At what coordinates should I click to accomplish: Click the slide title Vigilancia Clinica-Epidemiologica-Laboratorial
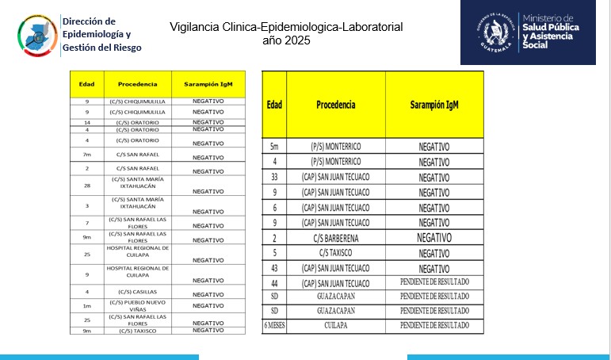pos(285,27)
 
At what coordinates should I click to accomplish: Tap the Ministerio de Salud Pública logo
pos(527,33)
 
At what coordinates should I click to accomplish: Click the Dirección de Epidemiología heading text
pos(101,33)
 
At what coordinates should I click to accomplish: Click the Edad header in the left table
pos(86,83)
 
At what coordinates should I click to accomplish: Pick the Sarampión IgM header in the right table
pos(434,105)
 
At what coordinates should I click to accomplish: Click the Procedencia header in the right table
pos(336,105)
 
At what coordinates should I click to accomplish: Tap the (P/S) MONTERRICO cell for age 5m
pos(336,147)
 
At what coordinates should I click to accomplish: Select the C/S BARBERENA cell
pos(336,237)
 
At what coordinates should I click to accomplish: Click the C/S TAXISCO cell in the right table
pos(336,253)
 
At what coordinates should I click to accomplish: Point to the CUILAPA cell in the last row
pos(336,325)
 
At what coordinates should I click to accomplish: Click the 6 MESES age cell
pos(274,325)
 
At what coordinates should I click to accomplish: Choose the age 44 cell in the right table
pos(274,283)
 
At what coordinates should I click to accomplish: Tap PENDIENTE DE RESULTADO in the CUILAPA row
pos(434,325)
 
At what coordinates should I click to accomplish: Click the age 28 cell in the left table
pos(86,185)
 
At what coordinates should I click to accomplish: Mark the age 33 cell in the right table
pos(274,177)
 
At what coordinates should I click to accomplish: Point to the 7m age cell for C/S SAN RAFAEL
pos(86,154)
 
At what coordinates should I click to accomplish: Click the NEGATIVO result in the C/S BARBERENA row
pos(434,237)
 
